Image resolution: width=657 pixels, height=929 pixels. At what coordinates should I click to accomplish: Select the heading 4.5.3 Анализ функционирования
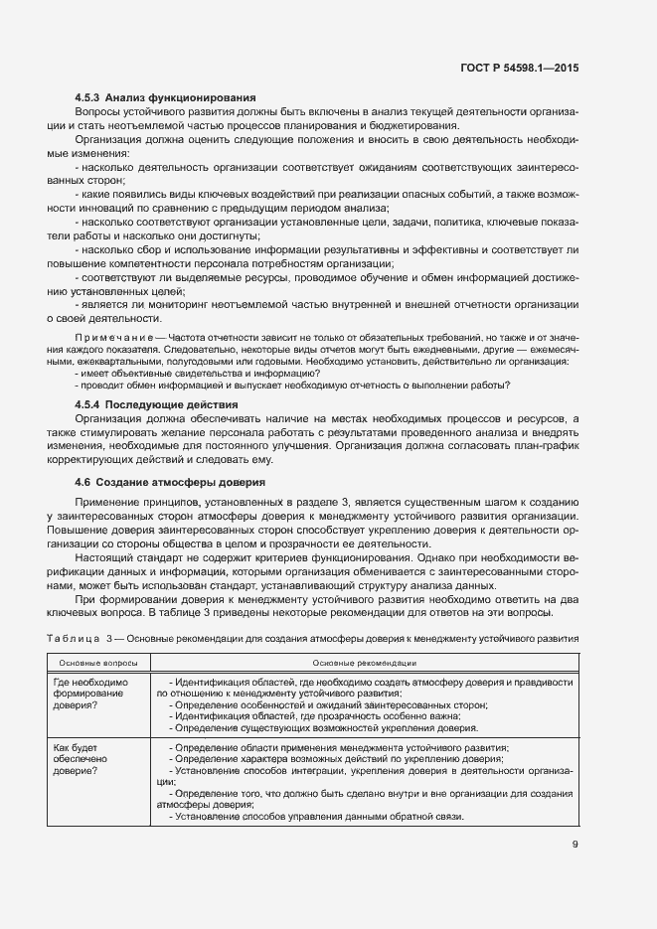(x=166, y=97)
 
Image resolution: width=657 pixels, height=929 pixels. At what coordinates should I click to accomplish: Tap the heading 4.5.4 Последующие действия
(x=156, y=405)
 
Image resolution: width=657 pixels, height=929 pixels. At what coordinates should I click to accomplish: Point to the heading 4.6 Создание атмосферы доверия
(x=170, y=482)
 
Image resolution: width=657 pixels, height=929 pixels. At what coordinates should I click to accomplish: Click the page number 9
(x=575, y=845)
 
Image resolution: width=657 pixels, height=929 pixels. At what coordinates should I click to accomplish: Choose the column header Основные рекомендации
(x=364, y=662)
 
